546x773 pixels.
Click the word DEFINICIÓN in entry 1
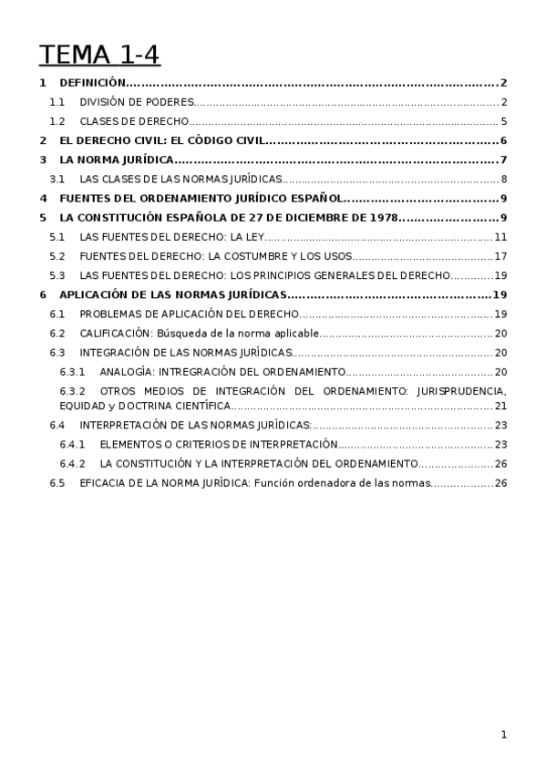coord(89,83)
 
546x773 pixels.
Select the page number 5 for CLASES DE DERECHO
coord(503,121)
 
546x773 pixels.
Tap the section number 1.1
coord(57,102)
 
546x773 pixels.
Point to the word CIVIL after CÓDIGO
coord(245,140)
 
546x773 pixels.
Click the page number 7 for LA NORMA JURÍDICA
coord(503,160)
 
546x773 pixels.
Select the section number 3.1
coord(57,179)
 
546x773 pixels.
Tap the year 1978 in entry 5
coord(379,218)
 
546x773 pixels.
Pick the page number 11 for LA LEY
coord(500,237)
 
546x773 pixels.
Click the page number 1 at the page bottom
coord(503,735)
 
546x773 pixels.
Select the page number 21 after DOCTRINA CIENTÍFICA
coord(500,406)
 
